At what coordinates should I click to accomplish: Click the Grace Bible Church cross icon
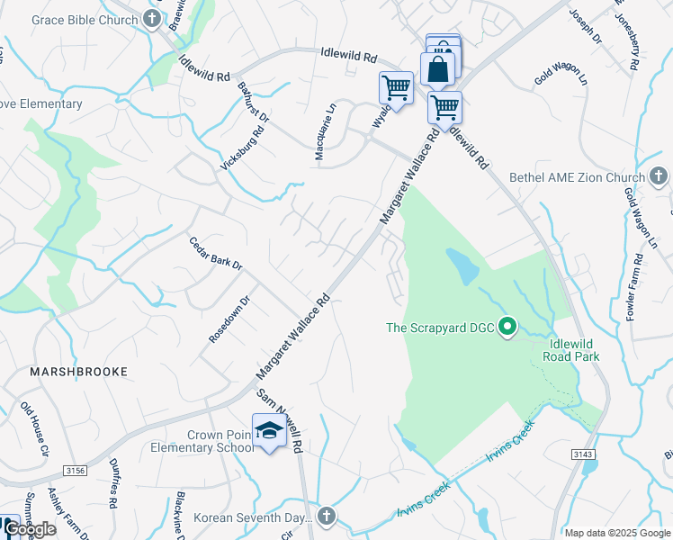(152, 19)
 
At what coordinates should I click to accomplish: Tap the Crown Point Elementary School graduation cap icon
(269, 433)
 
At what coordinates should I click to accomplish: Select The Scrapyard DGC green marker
(507, 327)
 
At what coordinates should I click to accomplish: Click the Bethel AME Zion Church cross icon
(658, 177)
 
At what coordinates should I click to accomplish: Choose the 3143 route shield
(583, 454)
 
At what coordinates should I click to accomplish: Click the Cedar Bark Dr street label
(216, 253)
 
